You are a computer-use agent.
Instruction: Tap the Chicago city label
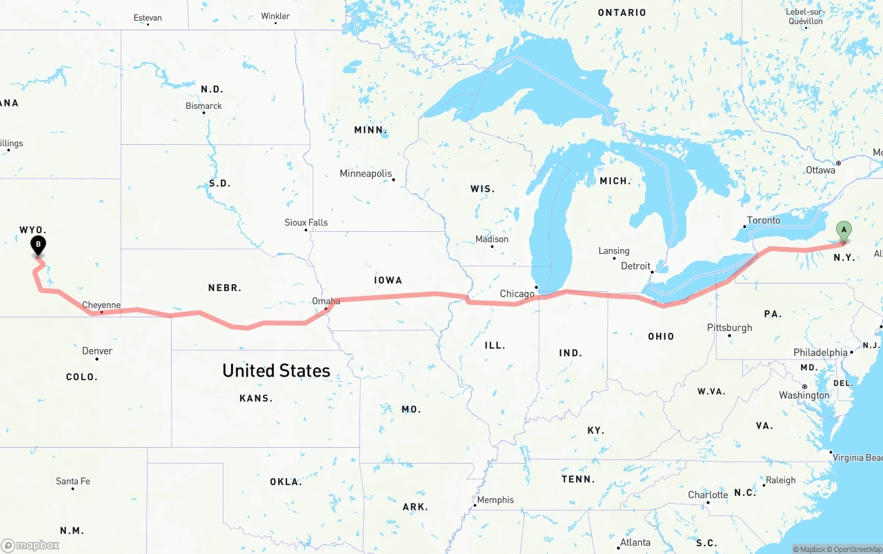pyautogui.click(x=517, y=294)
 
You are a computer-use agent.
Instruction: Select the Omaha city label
pyautogui.click(x=326, y=301)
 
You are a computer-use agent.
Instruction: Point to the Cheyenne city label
pyautogui.click(x=101, y=305)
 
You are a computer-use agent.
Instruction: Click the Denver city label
pyautogui.click(x=97, y=351)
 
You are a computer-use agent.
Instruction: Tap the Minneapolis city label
pyautogui.click(x=366, y=174)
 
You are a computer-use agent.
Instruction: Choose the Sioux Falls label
pyautogui.click(x=306, y=223)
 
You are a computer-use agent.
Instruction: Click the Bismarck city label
pyautogui.click(x=204, y=106)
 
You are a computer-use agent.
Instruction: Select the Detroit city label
pyautogui.click(x=635, y=266)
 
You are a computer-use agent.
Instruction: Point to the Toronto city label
pyautogui.click(x=763, y=221)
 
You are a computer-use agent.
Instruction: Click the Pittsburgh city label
pyautogui.click(x=729, y=328)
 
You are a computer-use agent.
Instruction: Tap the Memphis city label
pyautogui.click(x=495, y=500)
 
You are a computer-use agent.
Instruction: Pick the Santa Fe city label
pyautogui.click(x=73, y=482)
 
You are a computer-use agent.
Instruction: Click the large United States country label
pyautogui.click(x=276, y=370)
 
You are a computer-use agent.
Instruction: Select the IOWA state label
pyautogui.click(x=388, y=280)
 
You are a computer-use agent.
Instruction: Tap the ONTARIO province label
pyautogui.click(x=622, y=12)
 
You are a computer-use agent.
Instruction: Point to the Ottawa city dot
pyautogui.click(x=838, y=164)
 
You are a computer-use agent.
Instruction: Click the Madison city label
pyautogui.click(x=492, y=239)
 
